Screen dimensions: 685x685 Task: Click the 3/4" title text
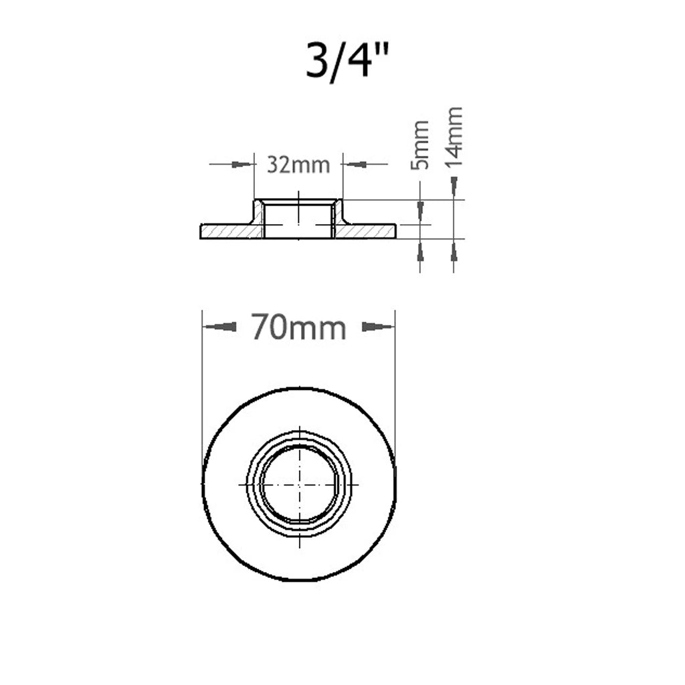pos(347,60)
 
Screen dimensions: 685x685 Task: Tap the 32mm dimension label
pos(298,165)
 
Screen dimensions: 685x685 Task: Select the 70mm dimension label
pos(299,327)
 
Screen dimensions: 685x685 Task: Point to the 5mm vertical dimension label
pos(420,145)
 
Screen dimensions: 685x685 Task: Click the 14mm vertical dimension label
pos(454,136)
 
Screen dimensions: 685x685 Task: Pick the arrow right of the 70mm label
pos(377,326)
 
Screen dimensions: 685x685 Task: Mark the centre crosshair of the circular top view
pos(300,485)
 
